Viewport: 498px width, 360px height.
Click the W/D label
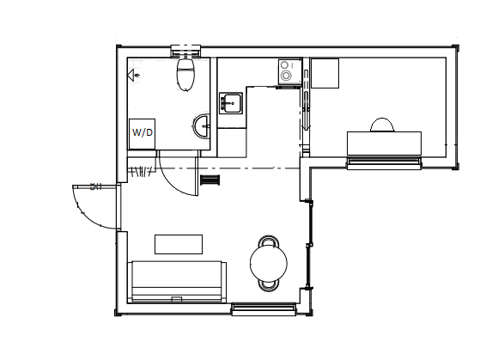[x=143, y=132]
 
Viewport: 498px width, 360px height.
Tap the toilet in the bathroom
[x=185, y=74]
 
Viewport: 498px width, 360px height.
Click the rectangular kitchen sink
[x=231, y=103]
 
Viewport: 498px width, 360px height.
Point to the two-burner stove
[x=290, y=72]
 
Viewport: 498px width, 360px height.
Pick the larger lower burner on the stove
[x=286, y=76]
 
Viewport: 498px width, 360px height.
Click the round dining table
[x=269, y=264]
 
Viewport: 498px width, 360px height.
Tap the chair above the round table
[x=269, y=241]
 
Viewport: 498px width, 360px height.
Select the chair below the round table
[x=269, y=285]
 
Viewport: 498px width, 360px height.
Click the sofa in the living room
[x=177, y=282]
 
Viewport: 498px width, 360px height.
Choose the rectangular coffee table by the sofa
[x=179, y=244]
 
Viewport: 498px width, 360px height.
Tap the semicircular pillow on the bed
[x=382, y=125]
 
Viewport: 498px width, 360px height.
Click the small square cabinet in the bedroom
[x=325, y=73]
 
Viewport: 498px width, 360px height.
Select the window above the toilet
[x=185, y=52]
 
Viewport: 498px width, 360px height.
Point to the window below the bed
[x=384, y=162]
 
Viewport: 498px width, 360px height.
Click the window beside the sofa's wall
[x=264, y=309]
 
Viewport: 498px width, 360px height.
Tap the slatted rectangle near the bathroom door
[x=210, y=180]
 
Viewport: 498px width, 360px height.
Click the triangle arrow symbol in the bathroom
[x=131, y=76]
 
